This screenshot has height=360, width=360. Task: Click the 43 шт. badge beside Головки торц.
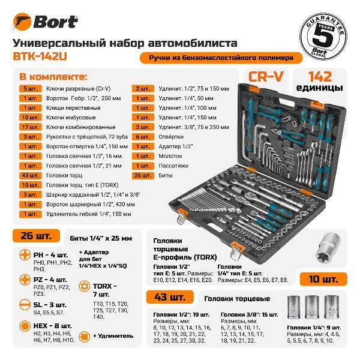click(x=29, y=175)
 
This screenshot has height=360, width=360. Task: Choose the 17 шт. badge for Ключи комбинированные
click(x=29, y=127)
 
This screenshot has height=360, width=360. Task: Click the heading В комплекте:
click(x=53, y=77)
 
